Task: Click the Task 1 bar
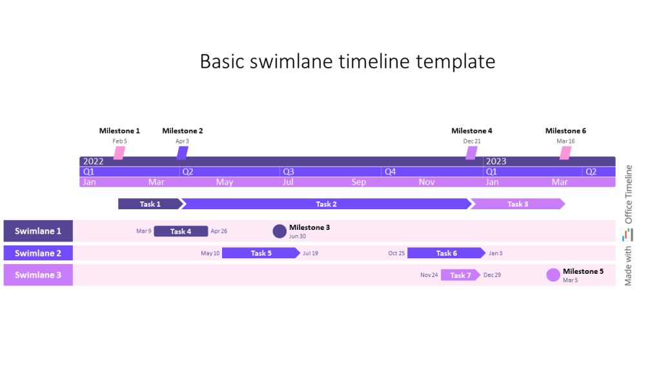[x=150, y=204]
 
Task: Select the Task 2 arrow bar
[x=326, y=204]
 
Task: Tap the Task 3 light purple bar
[x=517, y=204]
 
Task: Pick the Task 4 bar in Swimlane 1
[x=181, y=231]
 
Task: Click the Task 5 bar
[x=261, y=253]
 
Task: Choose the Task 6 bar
[x=446, y=253]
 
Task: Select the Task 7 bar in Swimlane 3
[x=460, y=275]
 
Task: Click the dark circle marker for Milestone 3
[x=280, y=231]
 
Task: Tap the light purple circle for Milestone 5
[x=553, y=275]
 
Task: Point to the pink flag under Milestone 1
[x=119, y=153]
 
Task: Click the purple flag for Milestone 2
[x=182, y=153]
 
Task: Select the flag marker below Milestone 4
[x=472, y=153]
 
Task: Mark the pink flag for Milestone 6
[x=565, y=153]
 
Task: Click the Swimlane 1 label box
[x=38, y=231]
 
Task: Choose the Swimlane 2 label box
[x=38, y=253]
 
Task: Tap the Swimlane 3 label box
[x=38, y=275]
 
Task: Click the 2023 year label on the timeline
[x=496, y=161]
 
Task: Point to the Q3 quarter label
[x=288, y=172]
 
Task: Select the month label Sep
[x=359, y=182]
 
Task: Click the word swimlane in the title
[x=287, y=61]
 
